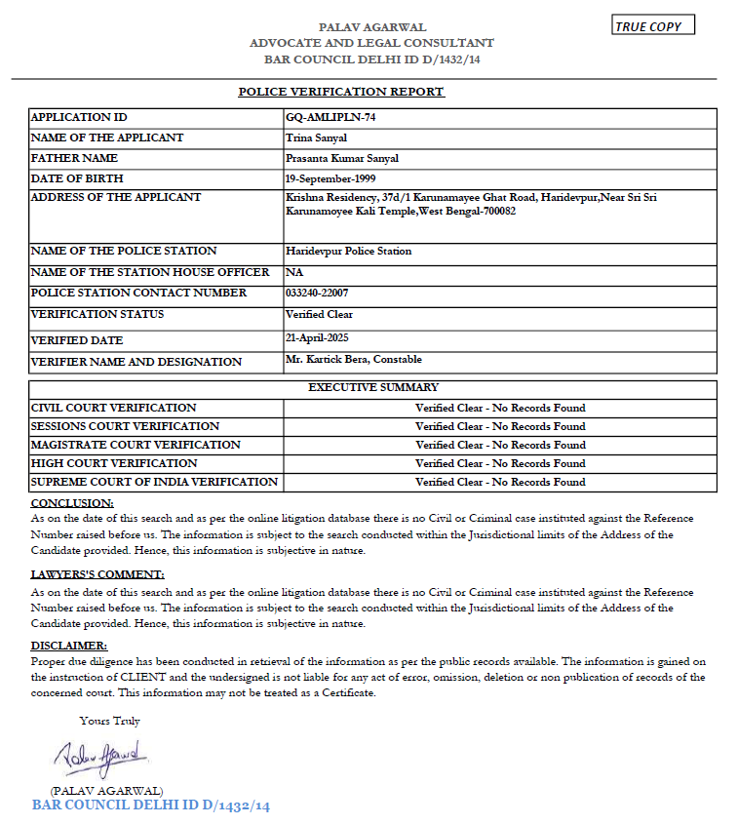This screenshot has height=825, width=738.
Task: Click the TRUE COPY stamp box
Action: pos(653,26)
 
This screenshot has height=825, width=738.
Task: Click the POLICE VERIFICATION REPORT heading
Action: pos(341,92)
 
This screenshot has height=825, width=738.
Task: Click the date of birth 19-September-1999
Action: pos(330,178)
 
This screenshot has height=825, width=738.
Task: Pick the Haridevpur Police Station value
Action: pos(348,251)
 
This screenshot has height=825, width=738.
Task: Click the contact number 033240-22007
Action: pos(317,293)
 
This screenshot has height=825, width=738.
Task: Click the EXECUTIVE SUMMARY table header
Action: pos(373,387)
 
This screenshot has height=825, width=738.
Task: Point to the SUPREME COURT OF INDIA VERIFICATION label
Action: pos(154,482)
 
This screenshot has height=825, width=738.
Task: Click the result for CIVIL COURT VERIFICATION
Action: pos(500,408)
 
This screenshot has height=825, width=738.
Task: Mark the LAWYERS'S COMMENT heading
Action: pos(97,574)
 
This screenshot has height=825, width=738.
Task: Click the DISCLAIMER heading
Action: pos(69,646)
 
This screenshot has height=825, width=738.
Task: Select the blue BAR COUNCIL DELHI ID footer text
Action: pos(151,805)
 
